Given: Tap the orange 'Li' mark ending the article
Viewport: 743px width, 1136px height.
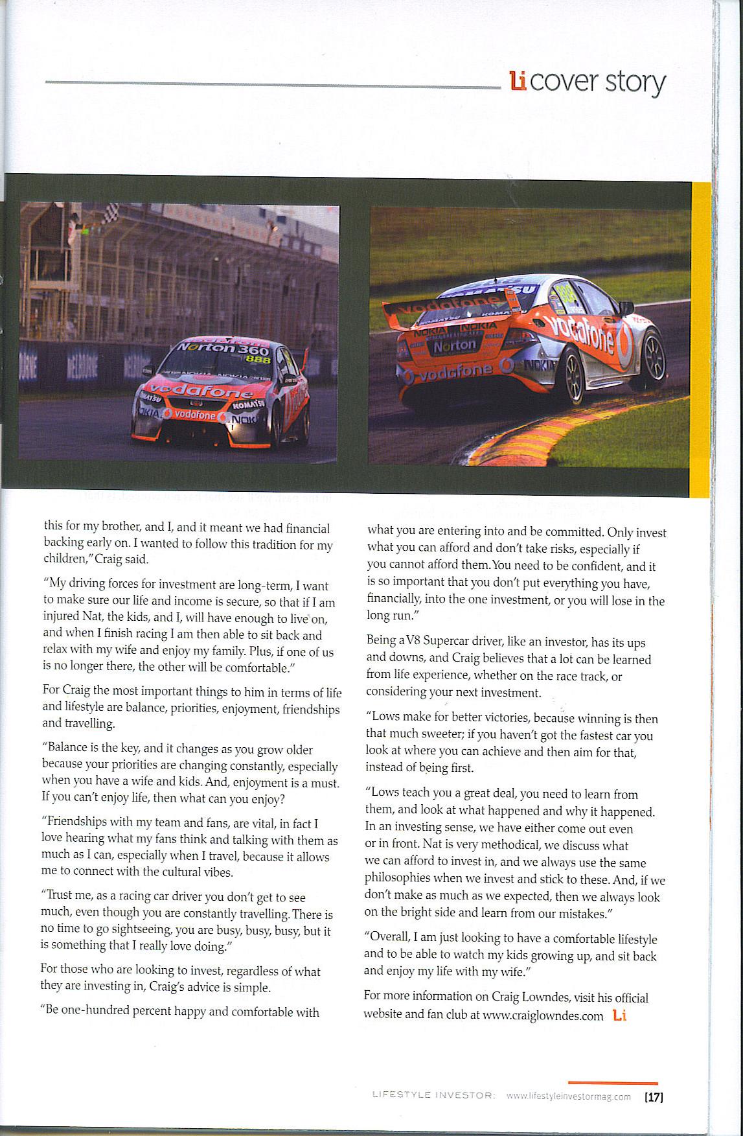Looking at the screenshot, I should coord(619,1015).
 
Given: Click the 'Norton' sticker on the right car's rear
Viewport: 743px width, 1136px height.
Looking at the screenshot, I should coord(454,346).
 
